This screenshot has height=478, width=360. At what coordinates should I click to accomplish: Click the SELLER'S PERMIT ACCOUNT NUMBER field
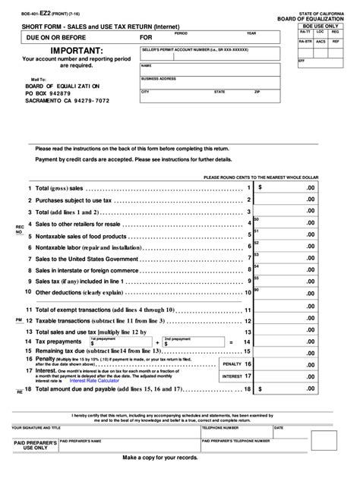207,52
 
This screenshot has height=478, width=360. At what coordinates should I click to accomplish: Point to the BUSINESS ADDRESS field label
159,78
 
